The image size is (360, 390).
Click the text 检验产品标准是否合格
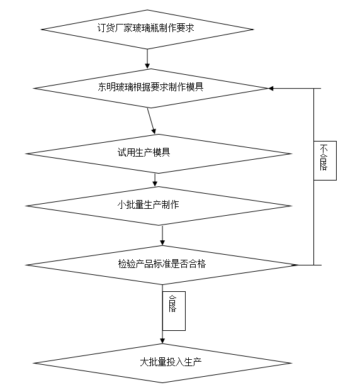click(162, 264)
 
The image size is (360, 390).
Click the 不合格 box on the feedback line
click(324, 159)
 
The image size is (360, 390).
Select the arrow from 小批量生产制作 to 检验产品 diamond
click(162, 234)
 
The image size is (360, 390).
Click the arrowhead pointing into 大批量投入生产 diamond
click(162, 341)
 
